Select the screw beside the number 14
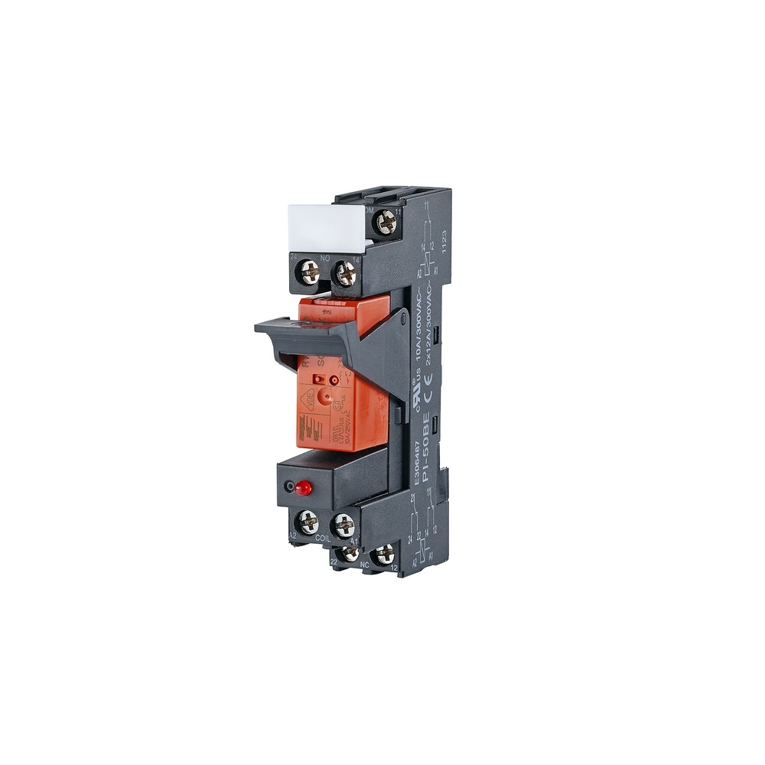[x=346, y=273]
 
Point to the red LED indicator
[x=303, y=487]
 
